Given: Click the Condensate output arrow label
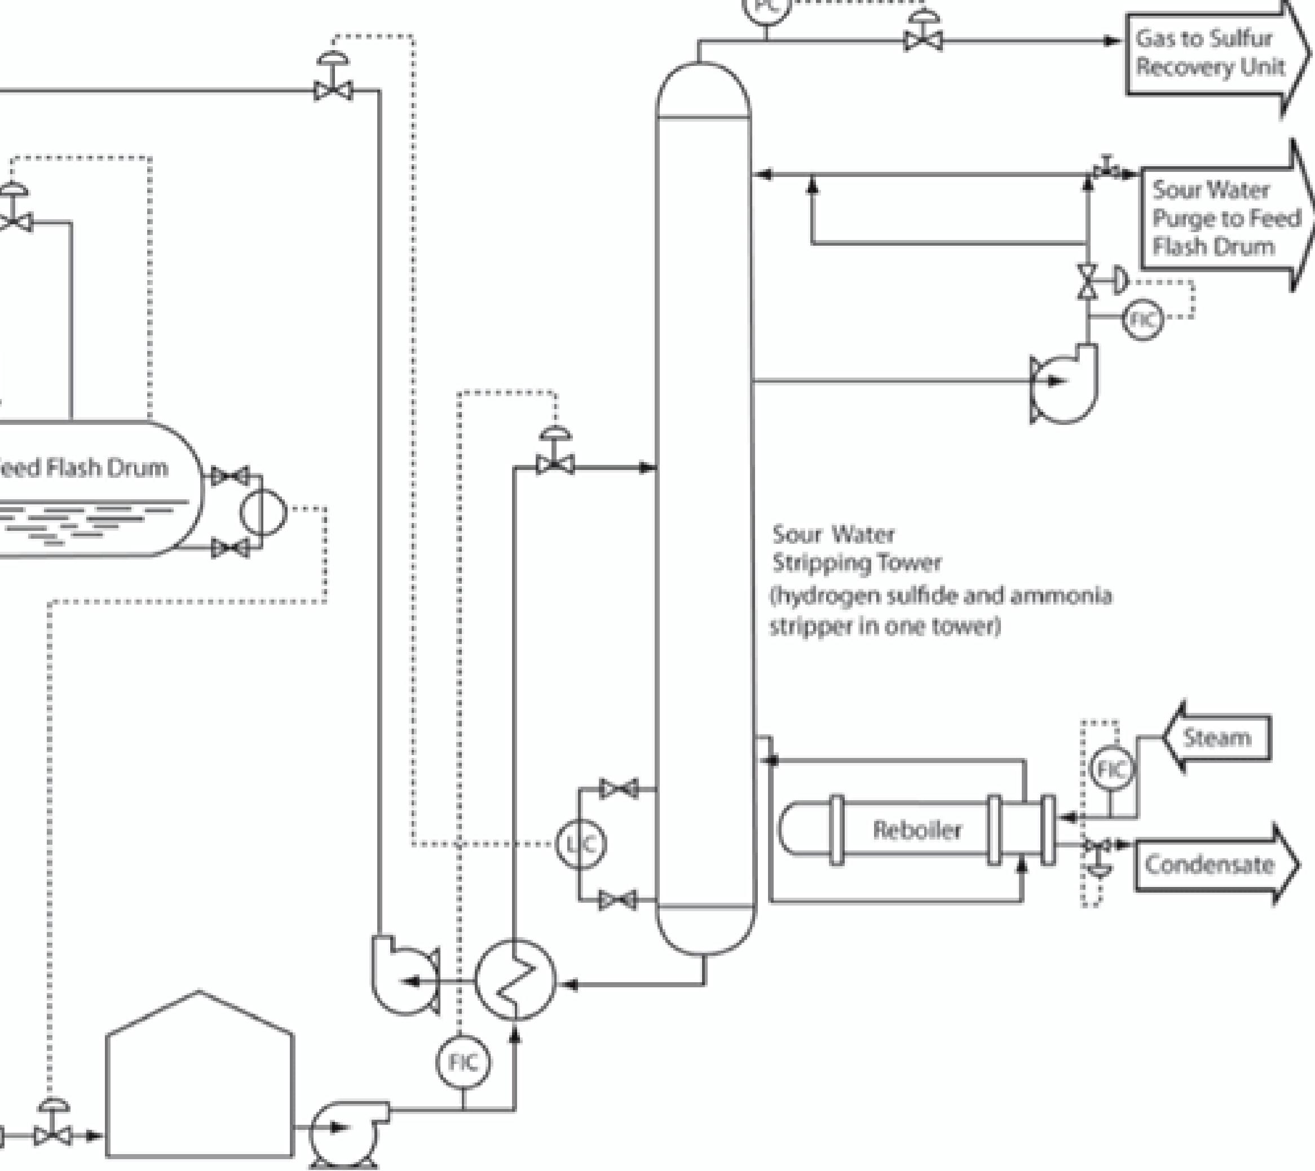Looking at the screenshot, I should (x=1209, y=864).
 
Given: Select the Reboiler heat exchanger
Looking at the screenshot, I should (x=916, y=830).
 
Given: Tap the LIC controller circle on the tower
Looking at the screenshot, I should (x=581, y=844).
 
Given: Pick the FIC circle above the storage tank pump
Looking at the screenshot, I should (x=463, y=1063).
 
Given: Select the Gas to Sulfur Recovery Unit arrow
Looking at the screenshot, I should (x=1210, y=53).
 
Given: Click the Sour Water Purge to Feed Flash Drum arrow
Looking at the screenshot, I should (x=1223, y=218).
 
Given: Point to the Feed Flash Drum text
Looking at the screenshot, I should (x=83, y=467).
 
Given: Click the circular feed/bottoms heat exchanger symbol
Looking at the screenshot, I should (x=515, y=980).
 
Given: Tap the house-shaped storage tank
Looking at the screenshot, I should (x=200, y=1081).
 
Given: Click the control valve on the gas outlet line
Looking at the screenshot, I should (x=923, y=40).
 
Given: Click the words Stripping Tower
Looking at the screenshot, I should (x=856, y=563).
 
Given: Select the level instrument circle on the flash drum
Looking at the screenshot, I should (x=263, y=512).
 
